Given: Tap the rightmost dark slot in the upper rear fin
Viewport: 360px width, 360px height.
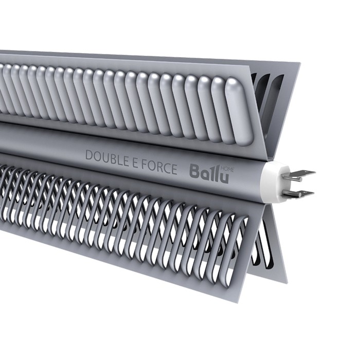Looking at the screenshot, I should (276, 98).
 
